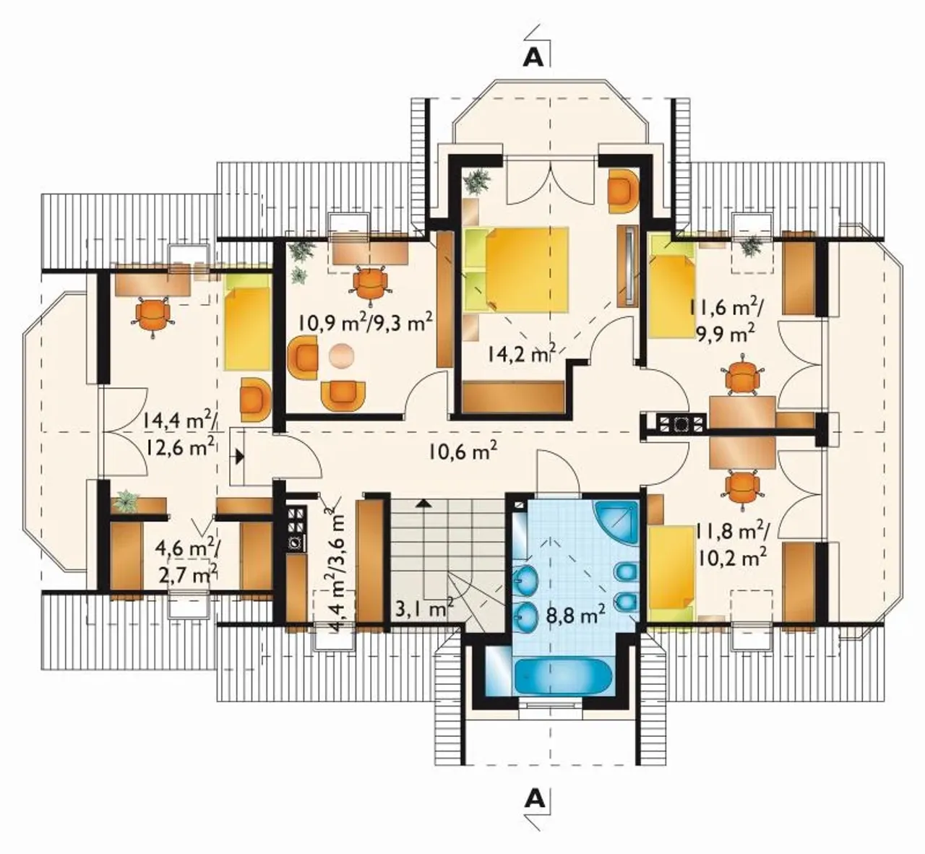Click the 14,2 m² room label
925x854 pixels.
[522, 354]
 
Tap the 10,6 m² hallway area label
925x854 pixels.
[462, 451]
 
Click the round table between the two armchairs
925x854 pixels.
[341, 356]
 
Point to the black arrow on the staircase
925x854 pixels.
[423, 503]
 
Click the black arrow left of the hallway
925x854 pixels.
[239, 456]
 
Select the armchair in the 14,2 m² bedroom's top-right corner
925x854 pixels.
[623, 191]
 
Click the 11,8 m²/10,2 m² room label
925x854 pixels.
[732, 543]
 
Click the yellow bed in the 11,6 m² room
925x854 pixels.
[671, 287]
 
